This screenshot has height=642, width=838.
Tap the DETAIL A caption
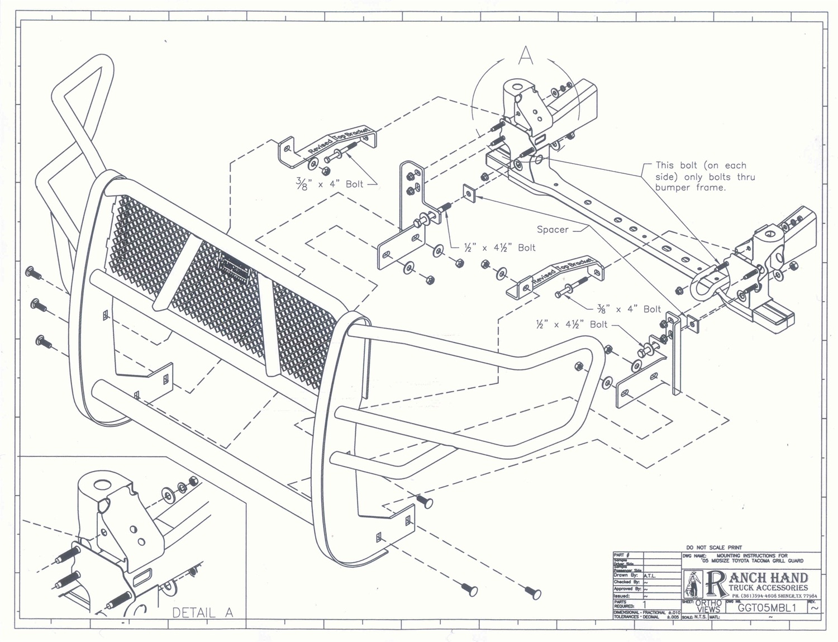coord(202,612)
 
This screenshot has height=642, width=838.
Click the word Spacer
coord(552,230)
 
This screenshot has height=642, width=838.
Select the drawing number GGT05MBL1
coord(766,608)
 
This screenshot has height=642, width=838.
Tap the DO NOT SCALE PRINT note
coord(714,548)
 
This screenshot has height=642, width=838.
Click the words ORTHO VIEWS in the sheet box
coord(708,606)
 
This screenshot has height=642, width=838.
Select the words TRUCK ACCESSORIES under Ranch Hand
coord(768,588)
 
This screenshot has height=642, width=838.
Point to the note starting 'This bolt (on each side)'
coord(705,177)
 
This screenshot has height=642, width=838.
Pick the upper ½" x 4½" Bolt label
coord(499,248)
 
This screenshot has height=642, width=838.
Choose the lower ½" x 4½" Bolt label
coord(571,325)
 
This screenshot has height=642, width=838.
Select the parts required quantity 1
coord(645,604)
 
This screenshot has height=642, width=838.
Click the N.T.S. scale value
coord(701,617)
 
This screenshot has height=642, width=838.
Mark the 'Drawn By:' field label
coord(625,576)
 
